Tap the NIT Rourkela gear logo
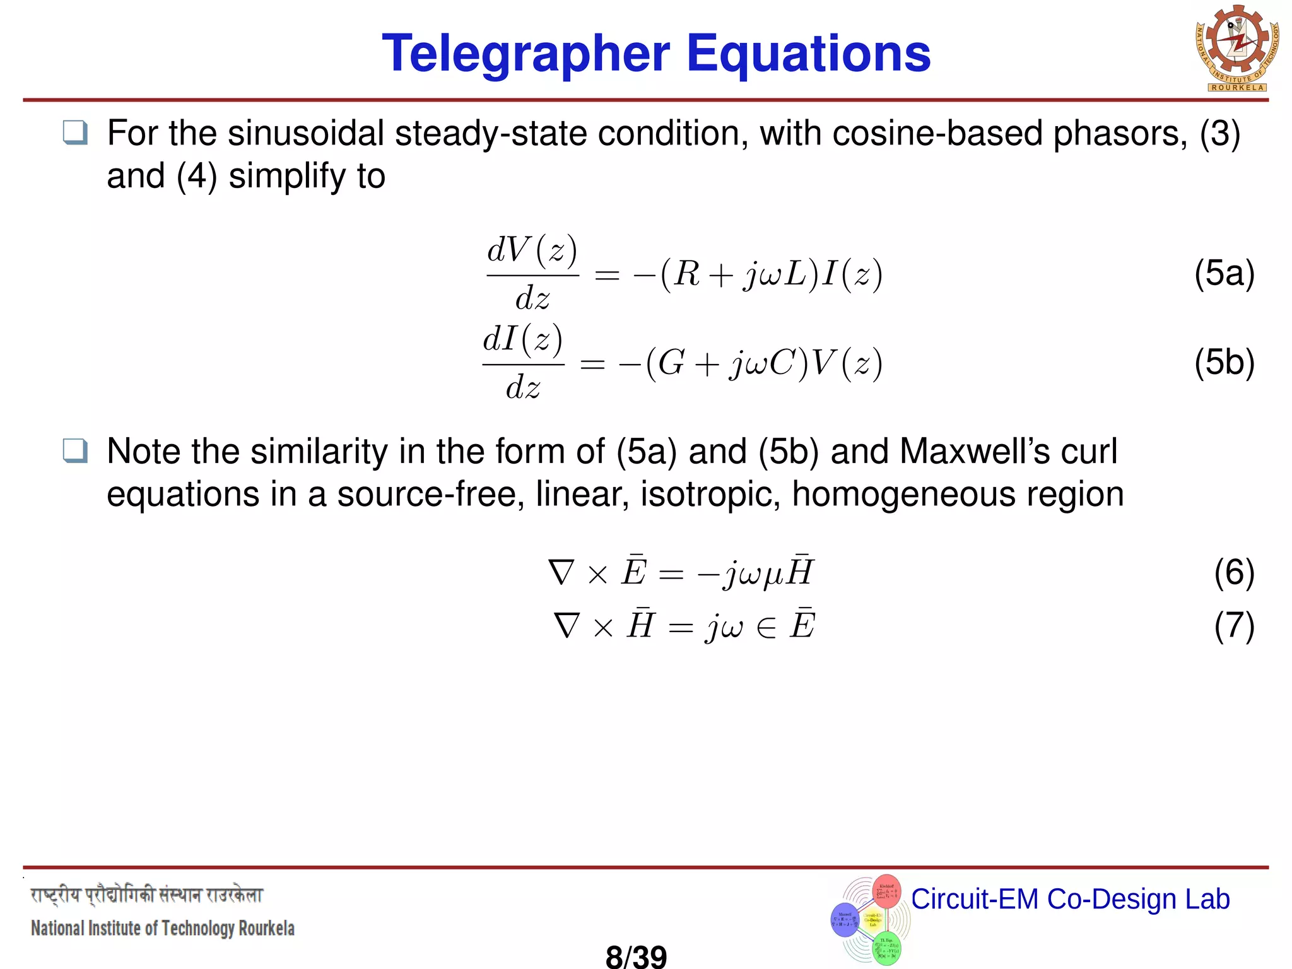pyautogui.click(x=1237, y=49)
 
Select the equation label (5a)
pyautogui.click(x=1224, y=273)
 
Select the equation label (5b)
pyautogui.click(x=1224, y=362)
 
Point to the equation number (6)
pyautogui.click(x=1234, y=572)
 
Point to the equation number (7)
pyautogui.click(x=1234, y=625)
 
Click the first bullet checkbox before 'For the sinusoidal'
pyautogui.click(x=76, y=133)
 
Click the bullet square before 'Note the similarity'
pyautogui.click(x=76, y=451)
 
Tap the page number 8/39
pyautogui.click(x=636, y=956)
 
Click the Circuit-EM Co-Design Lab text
pyautogui.click(x=1070, y=899)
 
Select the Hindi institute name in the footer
pyautogui.click(x=146, y=895)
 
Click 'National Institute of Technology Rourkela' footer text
pyautogui.click(x=163, y=928)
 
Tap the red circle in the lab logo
pyautogui.click(x=886, y=891)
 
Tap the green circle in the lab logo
pyautogui.click(x=886, y=948)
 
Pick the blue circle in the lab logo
pyautogui.click(x=845, y=919)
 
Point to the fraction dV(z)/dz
pyautogui.click(x=532, y=273)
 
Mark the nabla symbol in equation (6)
pyautogui.click(x=561, y=572)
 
